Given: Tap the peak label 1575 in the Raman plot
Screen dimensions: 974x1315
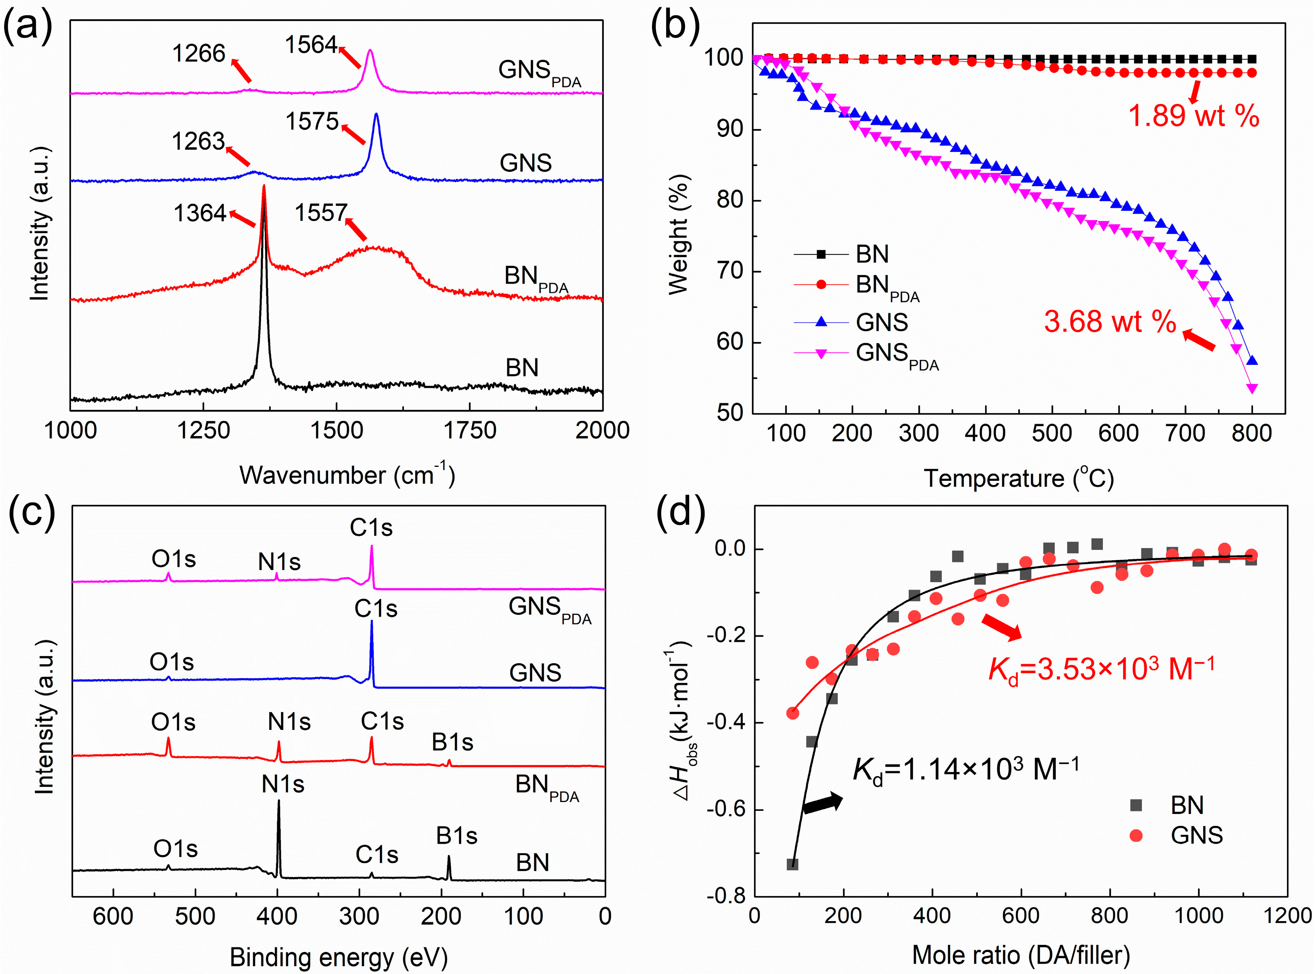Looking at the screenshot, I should [312, 121].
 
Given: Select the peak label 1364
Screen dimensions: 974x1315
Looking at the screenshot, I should [200, 213].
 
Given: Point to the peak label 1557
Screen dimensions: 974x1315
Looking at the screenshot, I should [321, 213].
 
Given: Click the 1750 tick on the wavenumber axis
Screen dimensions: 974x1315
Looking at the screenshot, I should [470, 430].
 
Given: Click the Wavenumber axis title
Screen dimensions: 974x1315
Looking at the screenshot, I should [347, 475].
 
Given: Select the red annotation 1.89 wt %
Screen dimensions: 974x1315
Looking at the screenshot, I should [1193, 116].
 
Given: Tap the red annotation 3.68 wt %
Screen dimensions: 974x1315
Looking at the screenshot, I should [1110, 322].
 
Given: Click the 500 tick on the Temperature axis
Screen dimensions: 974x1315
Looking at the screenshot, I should [1052, 433].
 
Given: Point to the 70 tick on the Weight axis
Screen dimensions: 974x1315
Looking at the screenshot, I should [730, 271].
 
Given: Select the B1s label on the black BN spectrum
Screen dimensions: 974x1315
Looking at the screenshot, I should [456, 836].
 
